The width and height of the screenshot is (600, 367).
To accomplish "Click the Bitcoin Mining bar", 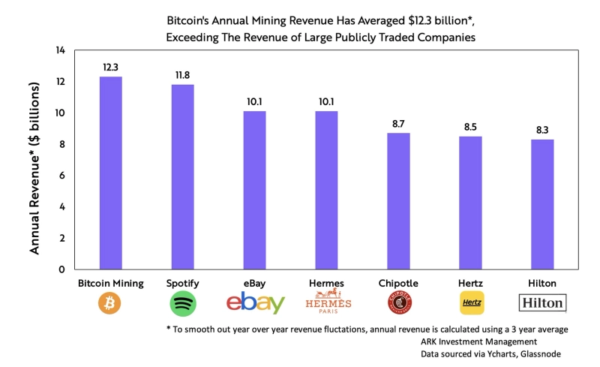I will [111, 173].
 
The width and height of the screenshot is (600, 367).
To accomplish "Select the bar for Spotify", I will [183, 176].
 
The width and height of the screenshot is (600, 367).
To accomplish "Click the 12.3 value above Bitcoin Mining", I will [111, 68].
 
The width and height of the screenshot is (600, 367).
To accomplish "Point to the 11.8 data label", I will [183, 75].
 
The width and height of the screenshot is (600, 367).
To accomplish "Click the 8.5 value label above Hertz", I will [470, 127].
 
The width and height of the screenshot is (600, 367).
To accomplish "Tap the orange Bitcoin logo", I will [110, 302].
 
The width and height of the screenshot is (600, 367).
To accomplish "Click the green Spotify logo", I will [183, 302].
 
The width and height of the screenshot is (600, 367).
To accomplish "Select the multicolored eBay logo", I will [255, 302].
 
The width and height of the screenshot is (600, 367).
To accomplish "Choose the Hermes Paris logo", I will [327, 303].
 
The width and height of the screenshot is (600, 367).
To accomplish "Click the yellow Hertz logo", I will [470, 302].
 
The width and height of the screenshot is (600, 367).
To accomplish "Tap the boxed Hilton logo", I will [542, 302].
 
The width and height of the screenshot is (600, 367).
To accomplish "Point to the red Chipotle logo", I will [398, 302].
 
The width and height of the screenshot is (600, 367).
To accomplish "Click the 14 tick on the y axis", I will [61, 50].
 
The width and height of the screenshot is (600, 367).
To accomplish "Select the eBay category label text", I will [255, 283].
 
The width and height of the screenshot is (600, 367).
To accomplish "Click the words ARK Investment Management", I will [472, 341].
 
